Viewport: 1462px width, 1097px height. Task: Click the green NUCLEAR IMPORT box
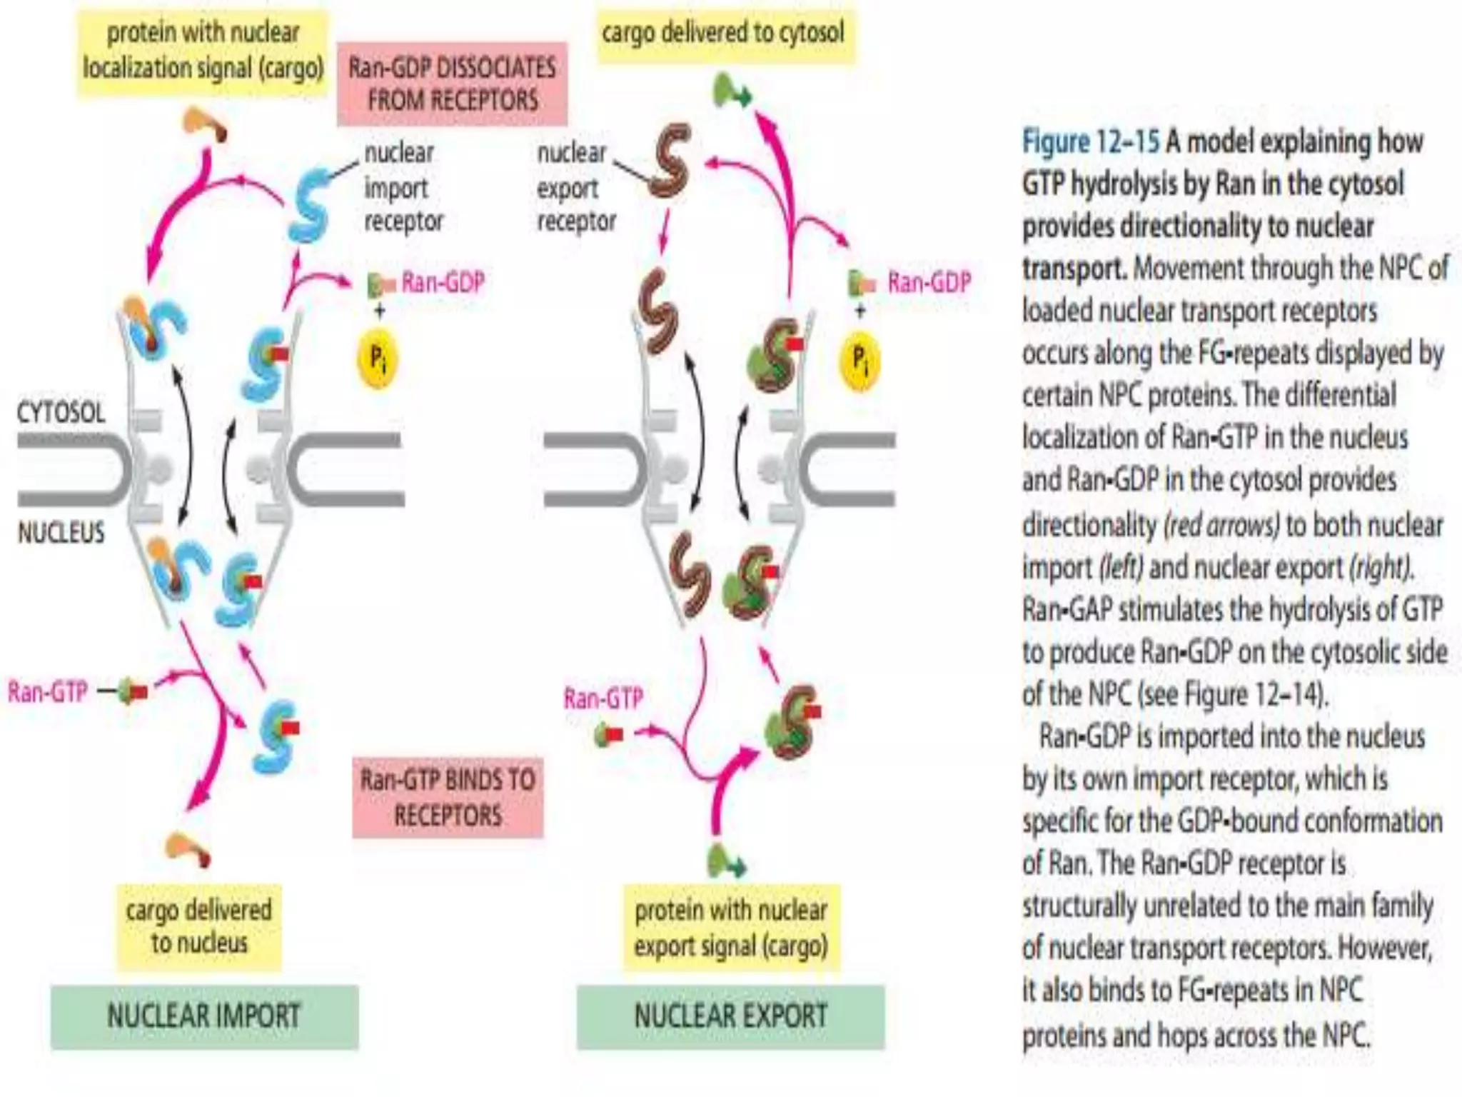coord(204,1016)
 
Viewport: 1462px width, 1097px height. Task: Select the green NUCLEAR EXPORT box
coord(730,1016)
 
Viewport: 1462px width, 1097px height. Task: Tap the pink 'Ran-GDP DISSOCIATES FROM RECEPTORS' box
coord(452,84)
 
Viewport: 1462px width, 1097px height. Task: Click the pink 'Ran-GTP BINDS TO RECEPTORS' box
coord(448,797)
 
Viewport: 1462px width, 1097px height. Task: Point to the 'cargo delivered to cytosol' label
coord(724,33)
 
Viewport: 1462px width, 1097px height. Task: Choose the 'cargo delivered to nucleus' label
coord(199,926)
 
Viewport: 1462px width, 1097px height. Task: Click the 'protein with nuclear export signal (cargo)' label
coord(731,928)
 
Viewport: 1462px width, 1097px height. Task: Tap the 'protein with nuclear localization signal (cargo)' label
coord(203,50)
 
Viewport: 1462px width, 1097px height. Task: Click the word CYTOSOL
coord(61,413)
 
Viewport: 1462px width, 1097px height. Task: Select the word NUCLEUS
coord(61,533)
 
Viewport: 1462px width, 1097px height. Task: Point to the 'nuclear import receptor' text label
coord(403,187)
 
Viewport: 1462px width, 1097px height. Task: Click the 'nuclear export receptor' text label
coord(575,187)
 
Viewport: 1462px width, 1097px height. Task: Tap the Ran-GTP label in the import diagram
coord(48,691)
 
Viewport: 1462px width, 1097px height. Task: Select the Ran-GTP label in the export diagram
coord(603,698)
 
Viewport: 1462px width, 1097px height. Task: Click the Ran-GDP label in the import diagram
coord(443,283)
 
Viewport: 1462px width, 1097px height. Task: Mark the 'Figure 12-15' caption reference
coord(1091,142)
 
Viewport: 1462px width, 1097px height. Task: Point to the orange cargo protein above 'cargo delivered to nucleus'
coord(187,848)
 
